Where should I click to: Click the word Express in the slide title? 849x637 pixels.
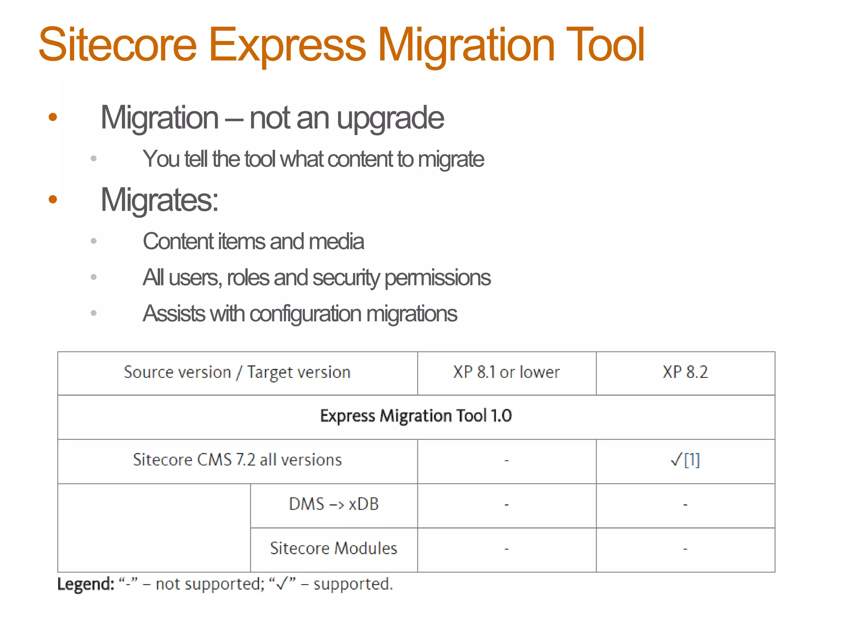[x=287, y=45]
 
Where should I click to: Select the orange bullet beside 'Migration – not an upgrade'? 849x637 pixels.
[x=53, y=117]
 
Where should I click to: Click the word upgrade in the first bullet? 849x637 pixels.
[x=390, y=119]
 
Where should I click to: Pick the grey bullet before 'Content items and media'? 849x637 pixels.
[x=94, y=241]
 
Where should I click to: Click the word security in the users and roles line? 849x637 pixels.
[x=346, y=277]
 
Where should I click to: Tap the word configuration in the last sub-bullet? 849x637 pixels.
[x=306, y=314]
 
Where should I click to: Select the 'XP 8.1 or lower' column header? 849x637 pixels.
[x=506, y=372]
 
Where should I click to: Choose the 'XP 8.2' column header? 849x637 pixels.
[x=685, y=372]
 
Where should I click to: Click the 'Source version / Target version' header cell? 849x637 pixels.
[x=237, y=372]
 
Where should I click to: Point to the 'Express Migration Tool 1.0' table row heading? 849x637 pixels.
[x=416, y=416]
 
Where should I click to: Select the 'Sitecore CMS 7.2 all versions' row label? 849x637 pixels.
[x=237, y=460]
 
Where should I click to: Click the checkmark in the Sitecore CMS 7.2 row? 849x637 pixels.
[x=676, y=460]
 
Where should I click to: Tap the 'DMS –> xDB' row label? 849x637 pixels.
[x=334, y=504]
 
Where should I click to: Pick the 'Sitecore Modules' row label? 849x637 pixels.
[x=334, y=548]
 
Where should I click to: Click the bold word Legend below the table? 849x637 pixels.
[x=85, y=584]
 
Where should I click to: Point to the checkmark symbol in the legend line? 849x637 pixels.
[x=282, y=584]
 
